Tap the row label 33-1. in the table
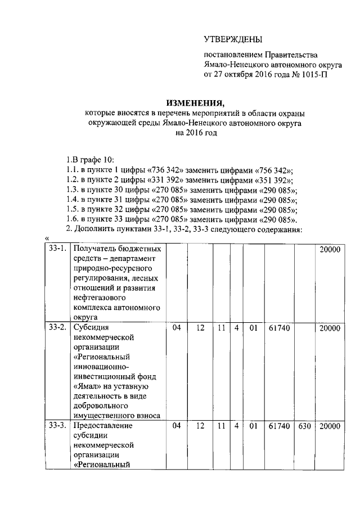[x=57, y=249]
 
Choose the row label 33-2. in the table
[x=57, y=327]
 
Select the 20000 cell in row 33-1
[x=330, y=249]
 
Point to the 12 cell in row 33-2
[x=200, y=327]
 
